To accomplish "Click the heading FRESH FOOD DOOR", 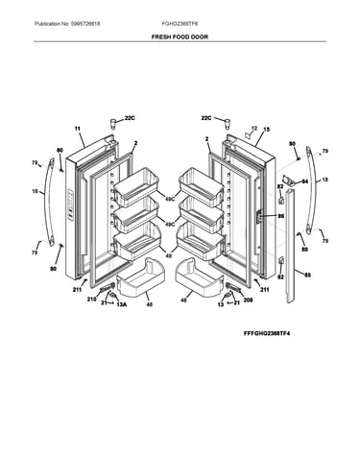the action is coord(180,36).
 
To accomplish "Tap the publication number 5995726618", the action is coord(84,24).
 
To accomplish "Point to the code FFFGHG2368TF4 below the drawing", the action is coord(267,333).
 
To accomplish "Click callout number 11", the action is coord(78,129).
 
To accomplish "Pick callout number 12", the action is coord(254,128).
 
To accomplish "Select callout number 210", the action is coord(91,300).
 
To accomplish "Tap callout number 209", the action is coord(248,300).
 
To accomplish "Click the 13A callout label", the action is coord(121,304).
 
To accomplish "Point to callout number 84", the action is coord(304,181).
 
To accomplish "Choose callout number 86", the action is coord(280,216).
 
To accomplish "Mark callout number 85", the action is coord(307,275).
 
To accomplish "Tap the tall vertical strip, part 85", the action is coord(290,247).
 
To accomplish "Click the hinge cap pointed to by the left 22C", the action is coord(113,123).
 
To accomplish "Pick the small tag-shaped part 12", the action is coord(248,134).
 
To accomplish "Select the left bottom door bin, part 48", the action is coord(141,277).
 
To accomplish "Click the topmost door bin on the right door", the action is coord(201,186).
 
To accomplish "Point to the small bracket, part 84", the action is coord(288,180).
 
